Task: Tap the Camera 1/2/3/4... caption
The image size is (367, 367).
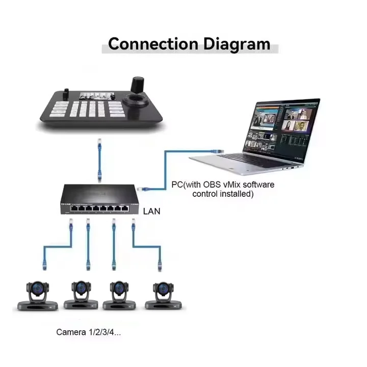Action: tap(88, 332)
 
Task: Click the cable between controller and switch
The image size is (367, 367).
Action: tap(100, 158)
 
